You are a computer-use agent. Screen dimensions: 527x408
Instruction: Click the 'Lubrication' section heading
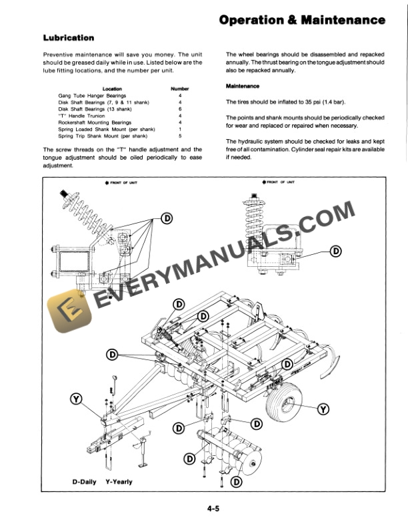point(69,38)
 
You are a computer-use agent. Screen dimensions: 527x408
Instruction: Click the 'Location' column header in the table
point(111,88)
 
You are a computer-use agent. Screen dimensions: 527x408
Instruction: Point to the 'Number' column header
point(180,88)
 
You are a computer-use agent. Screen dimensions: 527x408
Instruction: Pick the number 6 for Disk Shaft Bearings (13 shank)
point(180,108)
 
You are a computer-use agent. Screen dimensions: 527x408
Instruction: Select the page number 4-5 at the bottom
point(214,509)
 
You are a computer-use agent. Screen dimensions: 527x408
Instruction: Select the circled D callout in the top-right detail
point(335,250)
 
